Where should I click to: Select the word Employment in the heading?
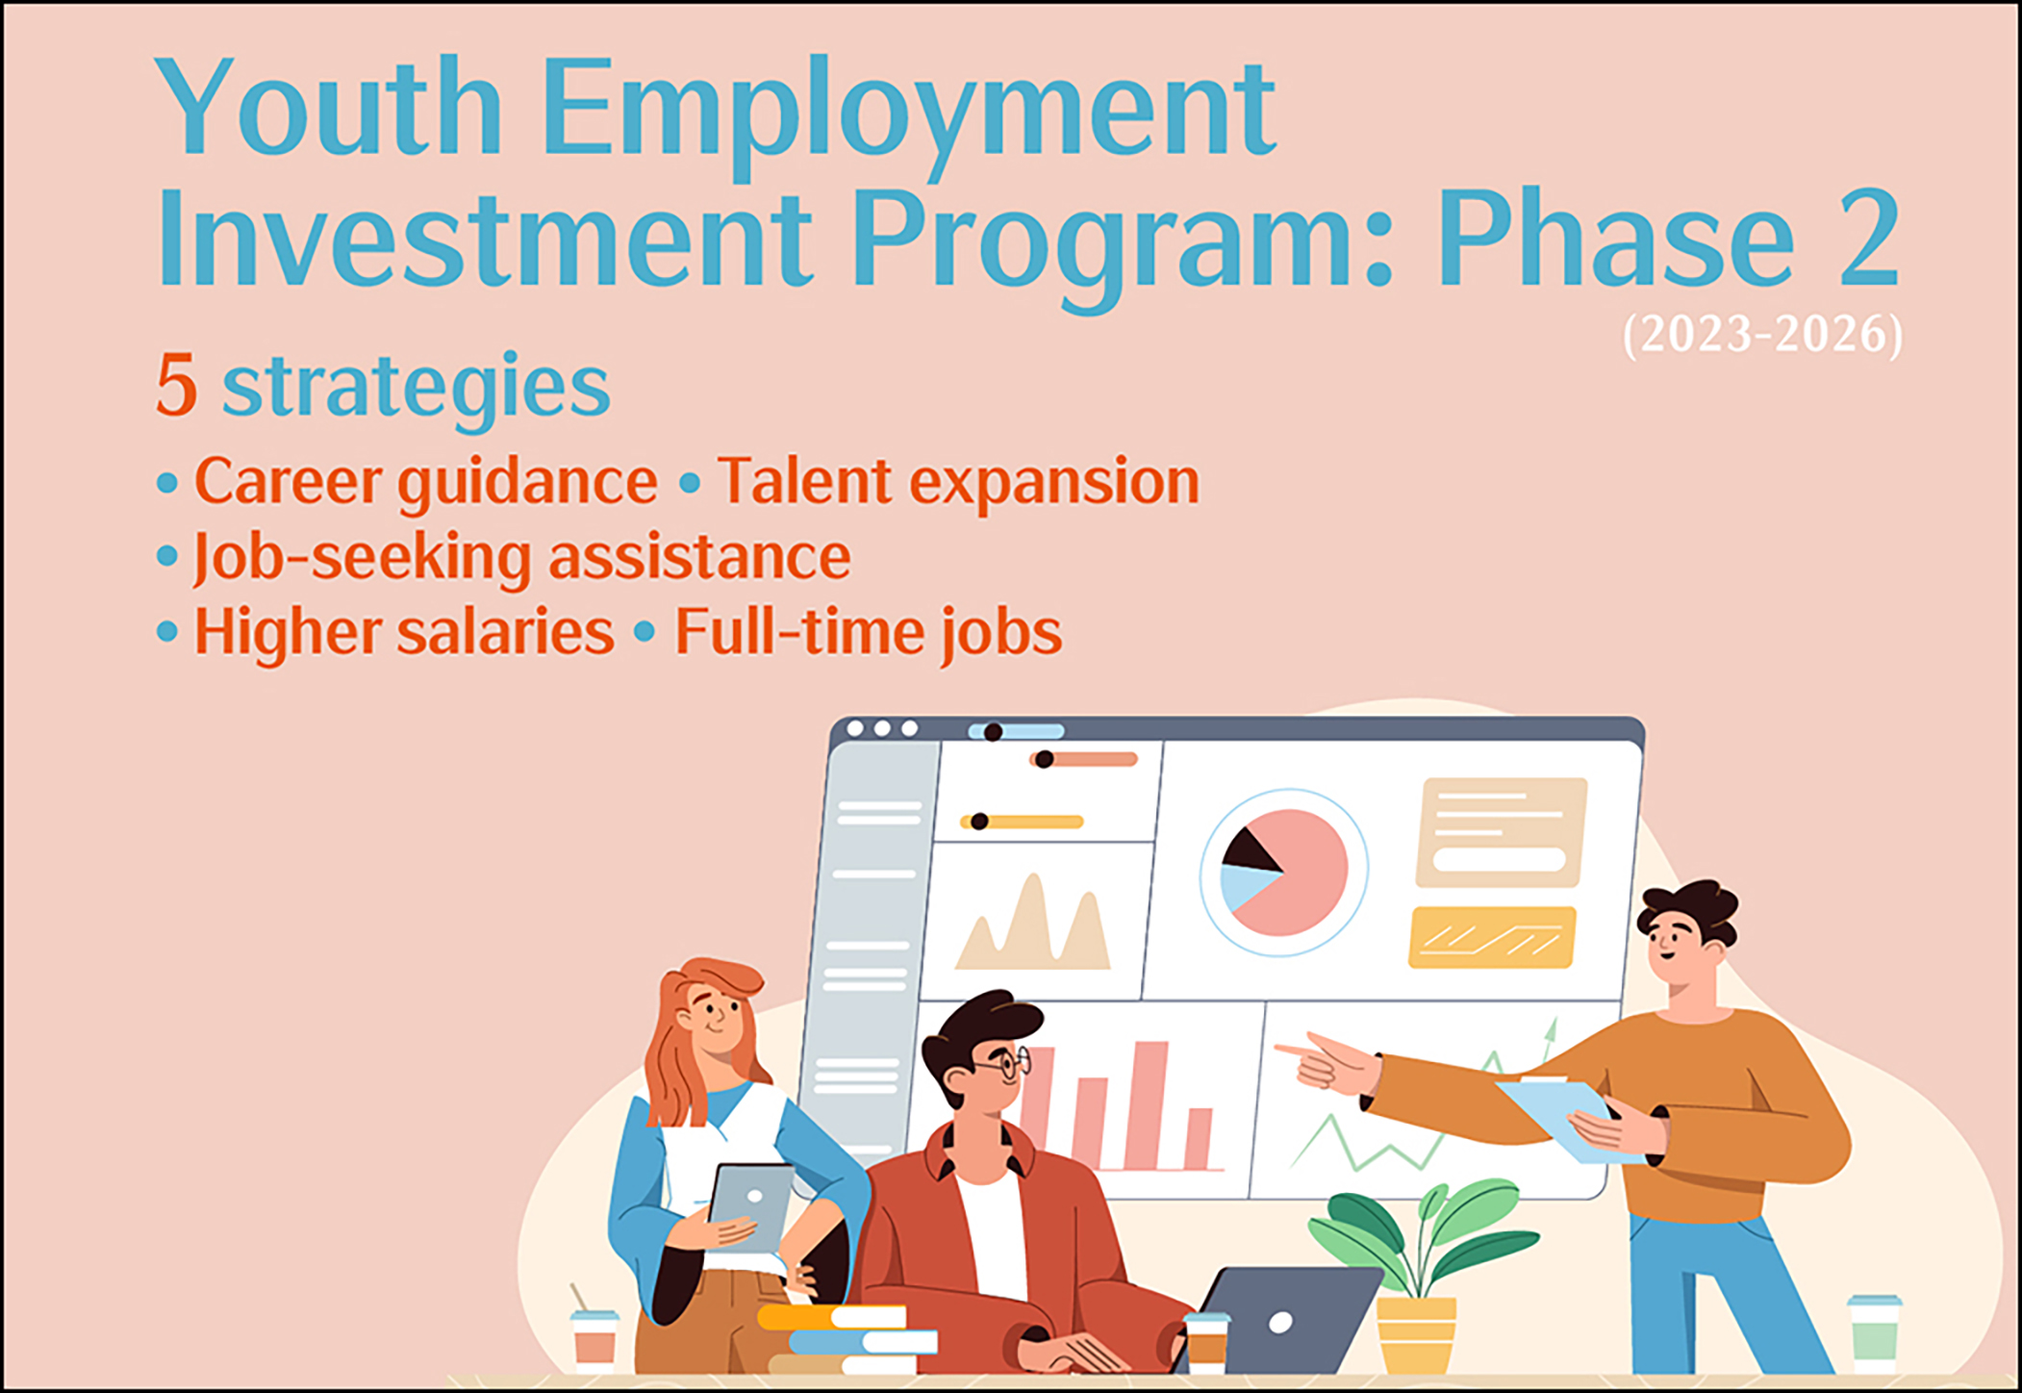tap(909, 115)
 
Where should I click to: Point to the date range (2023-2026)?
tap(1762, 335)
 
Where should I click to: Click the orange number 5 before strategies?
tap(176, 385)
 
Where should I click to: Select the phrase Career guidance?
tap(425, 481)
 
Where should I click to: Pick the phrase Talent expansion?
tap(958, 481)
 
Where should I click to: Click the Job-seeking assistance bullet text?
tap(521, 558)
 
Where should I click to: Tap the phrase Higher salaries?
tap(404, 632)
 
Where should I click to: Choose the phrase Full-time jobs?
tap(869, 633)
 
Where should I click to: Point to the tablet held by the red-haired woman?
tap(752, 1208)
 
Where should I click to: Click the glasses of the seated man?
tap(1006, 1063)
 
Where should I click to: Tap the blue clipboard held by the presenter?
tap(1568, 1122)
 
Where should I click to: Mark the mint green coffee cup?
tap(1874, 1335)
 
